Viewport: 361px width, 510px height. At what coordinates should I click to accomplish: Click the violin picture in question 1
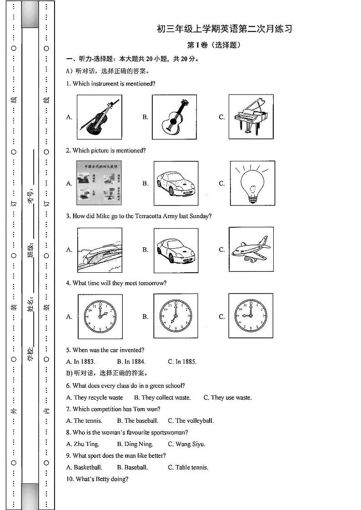[x=100, y=117]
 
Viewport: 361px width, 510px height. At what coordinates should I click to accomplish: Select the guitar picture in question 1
[x=174, y=117]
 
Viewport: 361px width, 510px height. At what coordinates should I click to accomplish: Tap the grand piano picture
[x=251, y=117]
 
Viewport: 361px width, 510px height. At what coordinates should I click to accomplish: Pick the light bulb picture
[x=252, y=183]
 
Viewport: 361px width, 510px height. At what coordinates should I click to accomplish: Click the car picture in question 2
[x=176, y=183]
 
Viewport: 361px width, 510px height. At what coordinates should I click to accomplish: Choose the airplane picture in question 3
[x=251, y=250]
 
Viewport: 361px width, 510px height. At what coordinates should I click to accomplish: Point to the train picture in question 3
[x=100, y=250]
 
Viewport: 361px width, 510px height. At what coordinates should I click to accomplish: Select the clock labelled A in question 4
[x=100, y=316]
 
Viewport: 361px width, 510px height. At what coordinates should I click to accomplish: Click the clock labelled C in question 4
[x=251, y=316]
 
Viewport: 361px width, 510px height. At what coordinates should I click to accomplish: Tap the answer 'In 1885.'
[x=182, y=362]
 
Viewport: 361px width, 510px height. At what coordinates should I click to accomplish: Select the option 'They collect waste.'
[x=162, y=397]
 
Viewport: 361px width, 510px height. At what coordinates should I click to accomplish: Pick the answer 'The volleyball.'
[x=191, y=421]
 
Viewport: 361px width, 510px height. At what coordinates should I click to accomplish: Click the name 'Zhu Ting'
[x=82, y=444]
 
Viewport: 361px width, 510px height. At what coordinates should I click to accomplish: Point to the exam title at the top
[x=224, y=30]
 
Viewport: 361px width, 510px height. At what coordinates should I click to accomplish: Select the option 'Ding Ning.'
[x=135, y=444]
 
